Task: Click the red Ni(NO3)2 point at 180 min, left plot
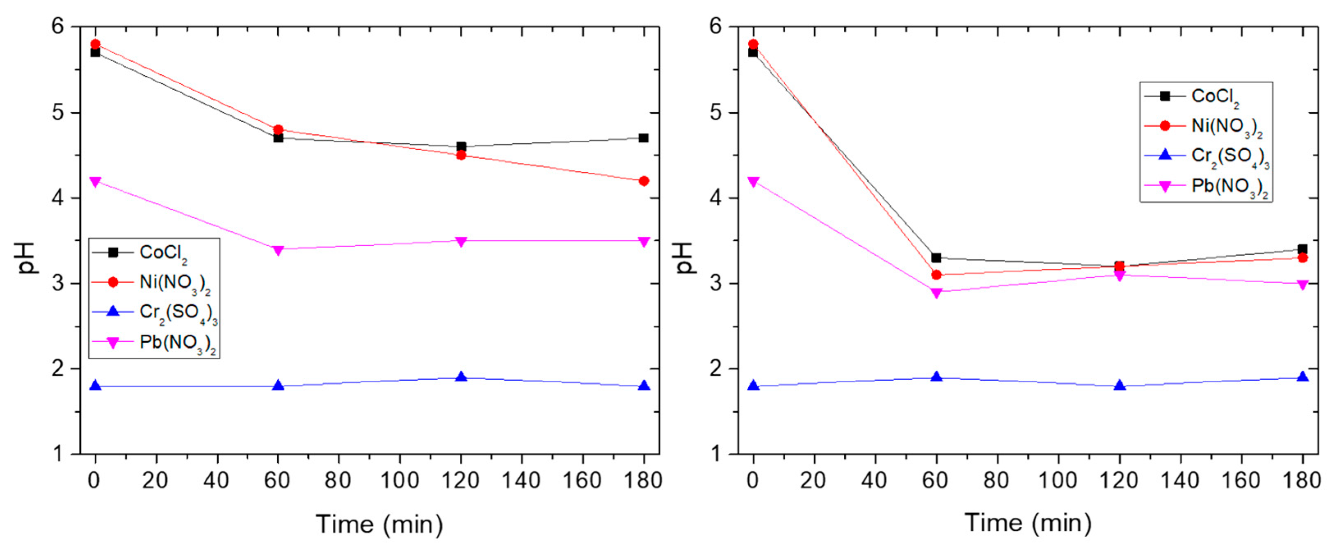tap(644, 180)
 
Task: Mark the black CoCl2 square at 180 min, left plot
tap(644, 138)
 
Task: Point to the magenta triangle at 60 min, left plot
tap(278, 250)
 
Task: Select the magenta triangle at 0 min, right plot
tap(753, 181)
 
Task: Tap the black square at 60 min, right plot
tap(936, 258)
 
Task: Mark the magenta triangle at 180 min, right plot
tap(1302, 284)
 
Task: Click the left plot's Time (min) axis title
tap(379, 524)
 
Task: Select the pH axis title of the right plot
tap(686, 258)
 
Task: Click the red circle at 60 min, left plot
tap(278, 129)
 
